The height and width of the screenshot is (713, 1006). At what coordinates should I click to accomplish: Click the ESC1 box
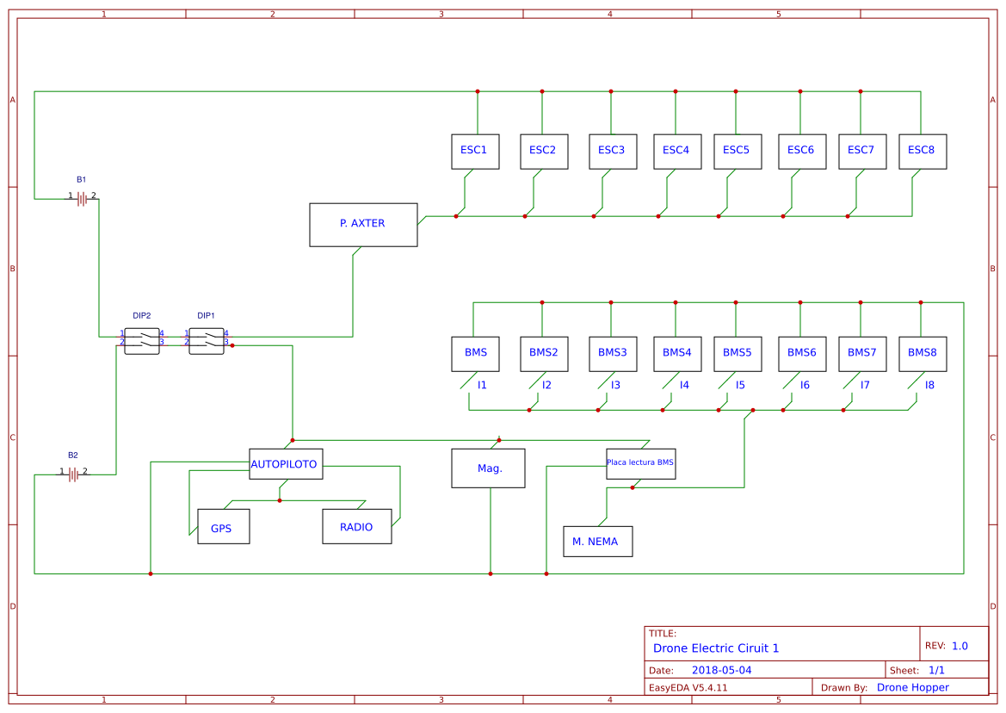[x=475, y=151]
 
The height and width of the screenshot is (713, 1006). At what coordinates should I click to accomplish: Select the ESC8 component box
[x=922, y=151]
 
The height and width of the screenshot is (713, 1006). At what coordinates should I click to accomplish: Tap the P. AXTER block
[x=363, y=225]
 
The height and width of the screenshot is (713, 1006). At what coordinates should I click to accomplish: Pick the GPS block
[x=223, y=526]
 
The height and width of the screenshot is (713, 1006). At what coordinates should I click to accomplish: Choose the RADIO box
[x=356, y=526]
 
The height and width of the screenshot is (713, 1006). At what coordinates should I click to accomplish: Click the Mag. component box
[x=488, y=468]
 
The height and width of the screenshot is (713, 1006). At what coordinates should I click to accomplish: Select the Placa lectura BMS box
[x=640, y=462]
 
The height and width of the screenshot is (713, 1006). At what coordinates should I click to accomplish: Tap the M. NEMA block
[x=597, y=542]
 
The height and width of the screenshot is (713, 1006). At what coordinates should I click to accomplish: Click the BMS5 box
[x=737, y=353]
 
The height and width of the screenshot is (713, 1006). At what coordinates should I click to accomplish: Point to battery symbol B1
[x=83, y=199]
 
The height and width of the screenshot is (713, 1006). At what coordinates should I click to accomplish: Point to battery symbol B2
[x=74, y=474]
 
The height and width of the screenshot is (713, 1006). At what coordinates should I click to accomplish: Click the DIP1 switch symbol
[x=207, y=340]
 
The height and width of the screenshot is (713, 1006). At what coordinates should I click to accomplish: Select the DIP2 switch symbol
[x=142, y=340]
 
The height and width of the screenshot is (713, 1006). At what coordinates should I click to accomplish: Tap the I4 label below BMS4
[x=684, y=385]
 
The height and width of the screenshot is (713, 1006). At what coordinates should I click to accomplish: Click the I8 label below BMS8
[x=929, y=385]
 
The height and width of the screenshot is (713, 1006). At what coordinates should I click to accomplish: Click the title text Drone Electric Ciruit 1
[x=716, y=648]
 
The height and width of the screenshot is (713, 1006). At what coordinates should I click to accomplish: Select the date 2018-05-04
[x=721, y=670]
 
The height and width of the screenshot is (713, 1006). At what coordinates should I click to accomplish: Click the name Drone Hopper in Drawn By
[x=912, y=687]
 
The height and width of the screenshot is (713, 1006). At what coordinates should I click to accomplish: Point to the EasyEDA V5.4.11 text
[x=688, y=687]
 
